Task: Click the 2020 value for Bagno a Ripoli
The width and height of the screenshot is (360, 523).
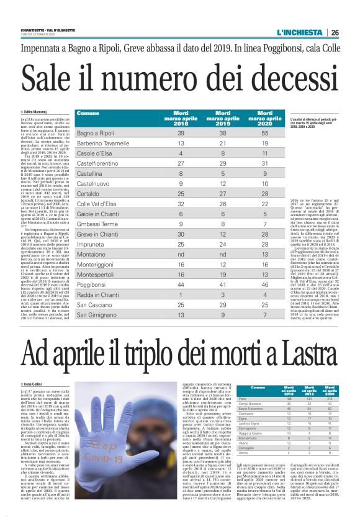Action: (x=264, y=134)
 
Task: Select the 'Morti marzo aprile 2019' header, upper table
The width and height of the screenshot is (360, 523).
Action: (x=223, y=119)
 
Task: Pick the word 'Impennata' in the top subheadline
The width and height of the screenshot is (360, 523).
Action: (x=42, y=48)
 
